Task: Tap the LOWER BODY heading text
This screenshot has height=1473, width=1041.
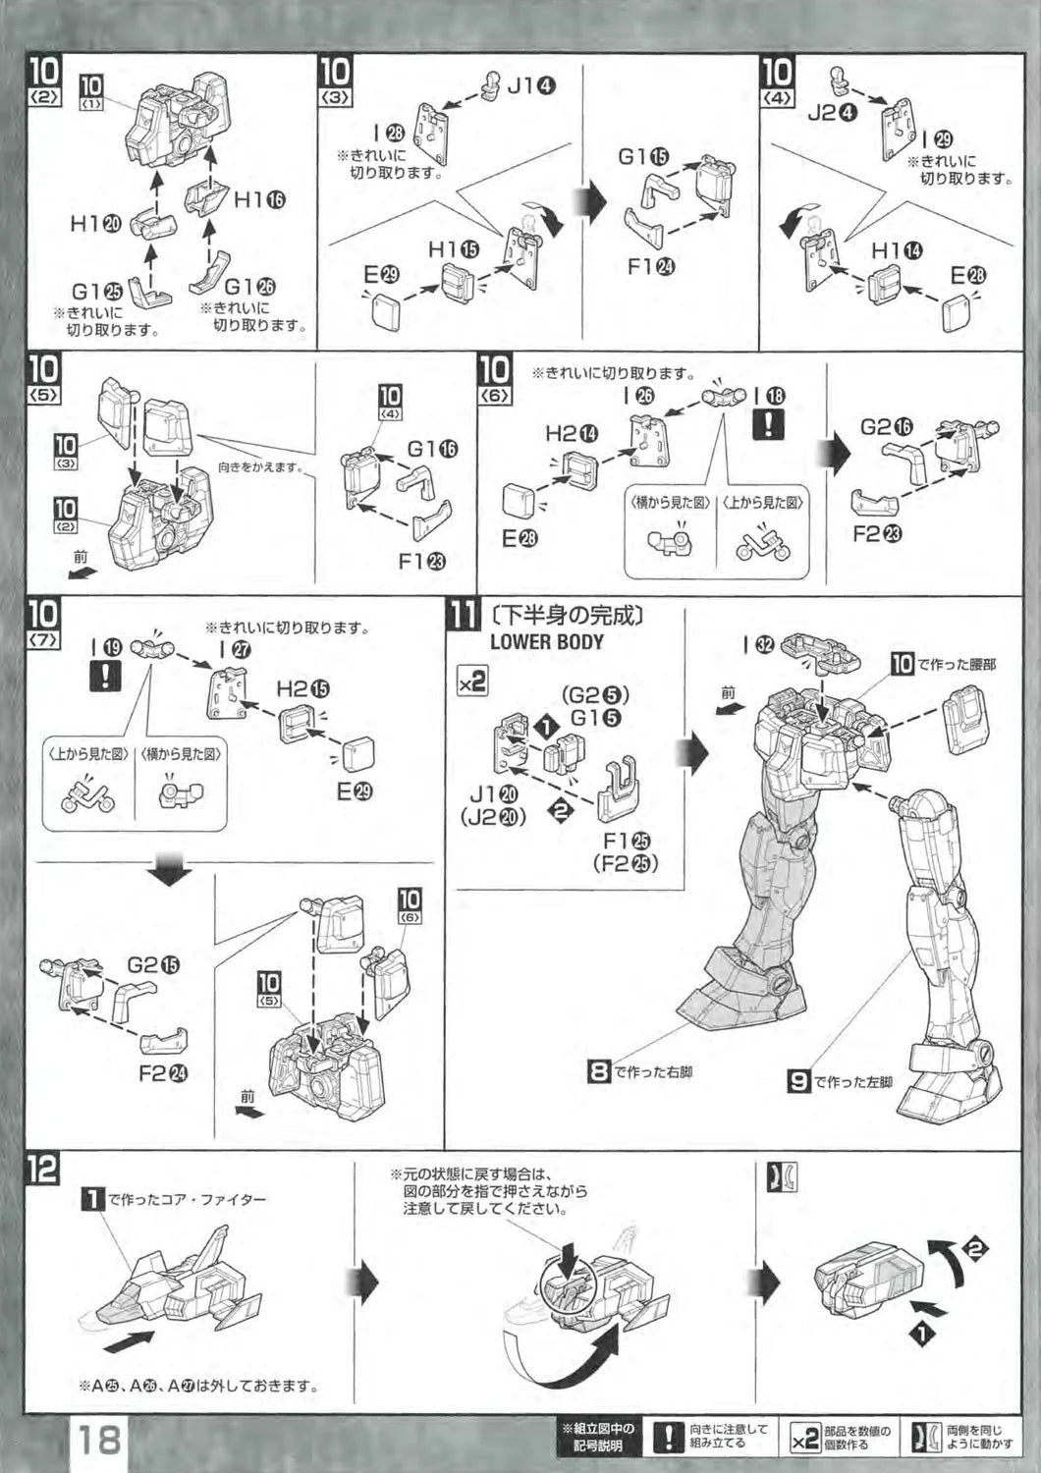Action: coord(546,642)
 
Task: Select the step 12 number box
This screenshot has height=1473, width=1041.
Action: coord(43,1169)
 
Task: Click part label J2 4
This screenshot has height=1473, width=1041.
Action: coord(833,112)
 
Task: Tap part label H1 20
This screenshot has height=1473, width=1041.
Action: coord(94,224)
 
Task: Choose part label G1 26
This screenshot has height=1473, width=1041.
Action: coord(249,287)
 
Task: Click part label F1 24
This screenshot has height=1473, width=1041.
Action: coord(652,266)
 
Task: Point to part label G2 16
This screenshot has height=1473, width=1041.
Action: coord(886,427)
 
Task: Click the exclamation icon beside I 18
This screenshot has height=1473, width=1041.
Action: coord(768,424)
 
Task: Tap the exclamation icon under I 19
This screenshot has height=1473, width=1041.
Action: coord(104,676)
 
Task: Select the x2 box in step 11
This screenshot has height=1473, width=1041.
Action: coord(472,681)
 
